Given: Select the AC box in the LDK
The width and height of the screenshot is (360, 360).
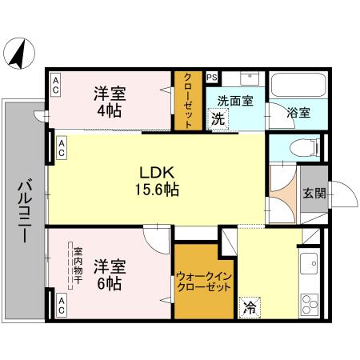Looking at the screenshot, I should [62, 147].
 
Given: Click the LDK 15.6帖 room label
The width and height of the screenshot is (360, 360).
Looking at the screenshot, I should [157, 181].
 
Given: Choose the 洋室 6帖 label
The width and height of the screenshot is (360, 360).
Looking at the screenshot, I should [110, 274].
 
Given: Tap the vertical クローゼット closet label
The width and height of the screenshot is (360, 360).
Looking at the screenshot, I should [188, 102].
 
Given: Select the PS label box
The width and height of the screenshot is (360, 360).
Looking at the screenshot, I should [211, 78].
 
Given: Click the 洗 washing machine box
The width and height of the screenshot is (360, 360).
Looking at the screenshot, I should [218, 120].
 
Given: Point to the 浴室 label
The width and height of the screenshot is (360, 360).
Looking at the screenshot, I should [299, 112].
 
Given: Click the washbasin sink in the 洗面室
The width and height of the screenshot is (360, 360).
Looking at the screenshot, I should [249, 81].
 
